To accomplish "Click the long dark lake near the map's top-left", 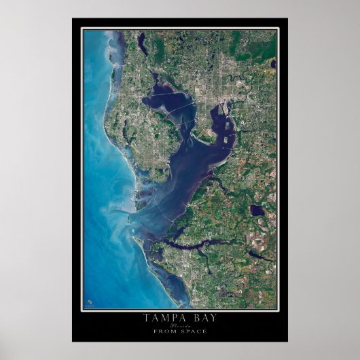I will (142, 43).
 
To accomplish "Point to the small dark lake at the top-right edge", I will (272, 64).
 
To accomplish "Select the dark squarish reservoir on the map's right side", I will (257, 211).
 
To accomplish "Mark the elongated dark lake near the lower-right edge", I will (260, 255).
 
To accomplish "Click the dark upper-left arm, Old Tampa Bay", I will (163, 102).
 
